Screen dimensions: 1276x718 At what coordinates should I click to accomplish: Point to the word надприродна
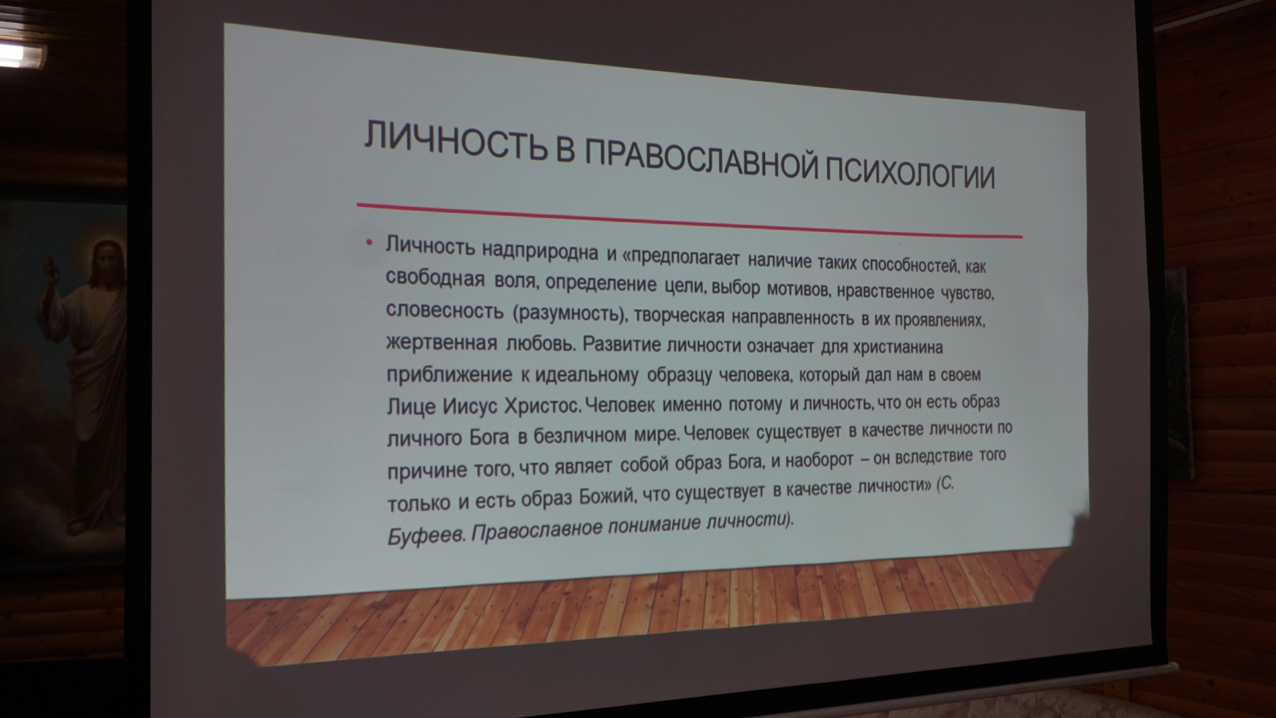click(x=541, y=250)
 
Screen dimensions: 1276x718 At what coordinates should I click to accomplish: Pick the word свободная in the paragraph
click(x=436, y=278)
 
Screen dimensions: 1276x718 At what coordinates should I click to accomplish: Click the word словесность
click(x=445, y=310)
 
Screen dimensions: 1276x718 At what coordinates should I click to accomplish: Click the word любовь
click(x=540, y=344)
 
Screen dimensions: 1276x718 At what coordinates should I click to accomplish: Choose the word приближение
click(x=450, y=375)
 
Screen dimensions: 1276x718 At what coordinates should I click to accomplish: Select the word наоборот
click(x=820, y=460)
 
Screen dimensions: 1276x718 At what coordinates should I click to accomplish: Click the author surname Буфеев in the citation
click(x=425, y=536)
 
